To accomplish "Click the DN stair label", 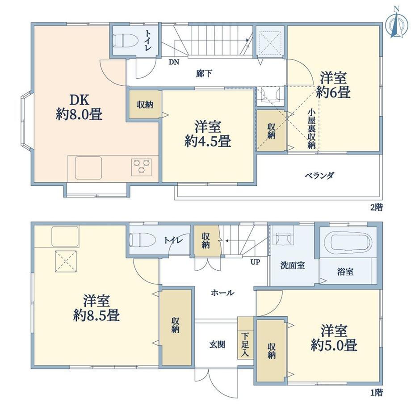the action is click(174, 62).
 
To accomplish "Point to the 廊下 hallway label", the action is click(204, 74).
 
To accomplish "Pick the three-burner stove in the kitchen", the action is click(142, 167).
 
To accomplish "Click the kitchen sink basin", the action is click(88, 168).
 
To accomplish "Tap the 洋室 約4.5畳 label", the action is click(208, 134).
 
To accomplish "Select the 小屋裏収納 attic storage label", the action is click(311, 129).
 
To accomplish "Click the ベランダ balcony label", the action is click(319, 176).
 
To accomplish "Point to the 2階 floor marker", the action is click(377, 207).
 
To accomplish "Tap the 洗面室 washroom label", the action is click(293, 265).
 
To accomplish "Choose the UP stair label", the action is click(255, 262).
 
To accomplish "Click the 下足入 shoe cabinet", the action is click(245, 338).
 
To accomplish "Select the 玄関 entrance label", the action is click(217, 344).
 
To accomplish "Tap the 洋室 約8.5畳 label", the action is click(96, 308).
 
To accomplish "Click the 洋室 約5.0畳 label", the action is click(334, 338).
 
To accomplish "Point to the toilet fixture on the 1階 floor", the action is click(143, 239).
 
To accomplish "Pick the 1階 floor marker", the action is click(377, 392).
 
